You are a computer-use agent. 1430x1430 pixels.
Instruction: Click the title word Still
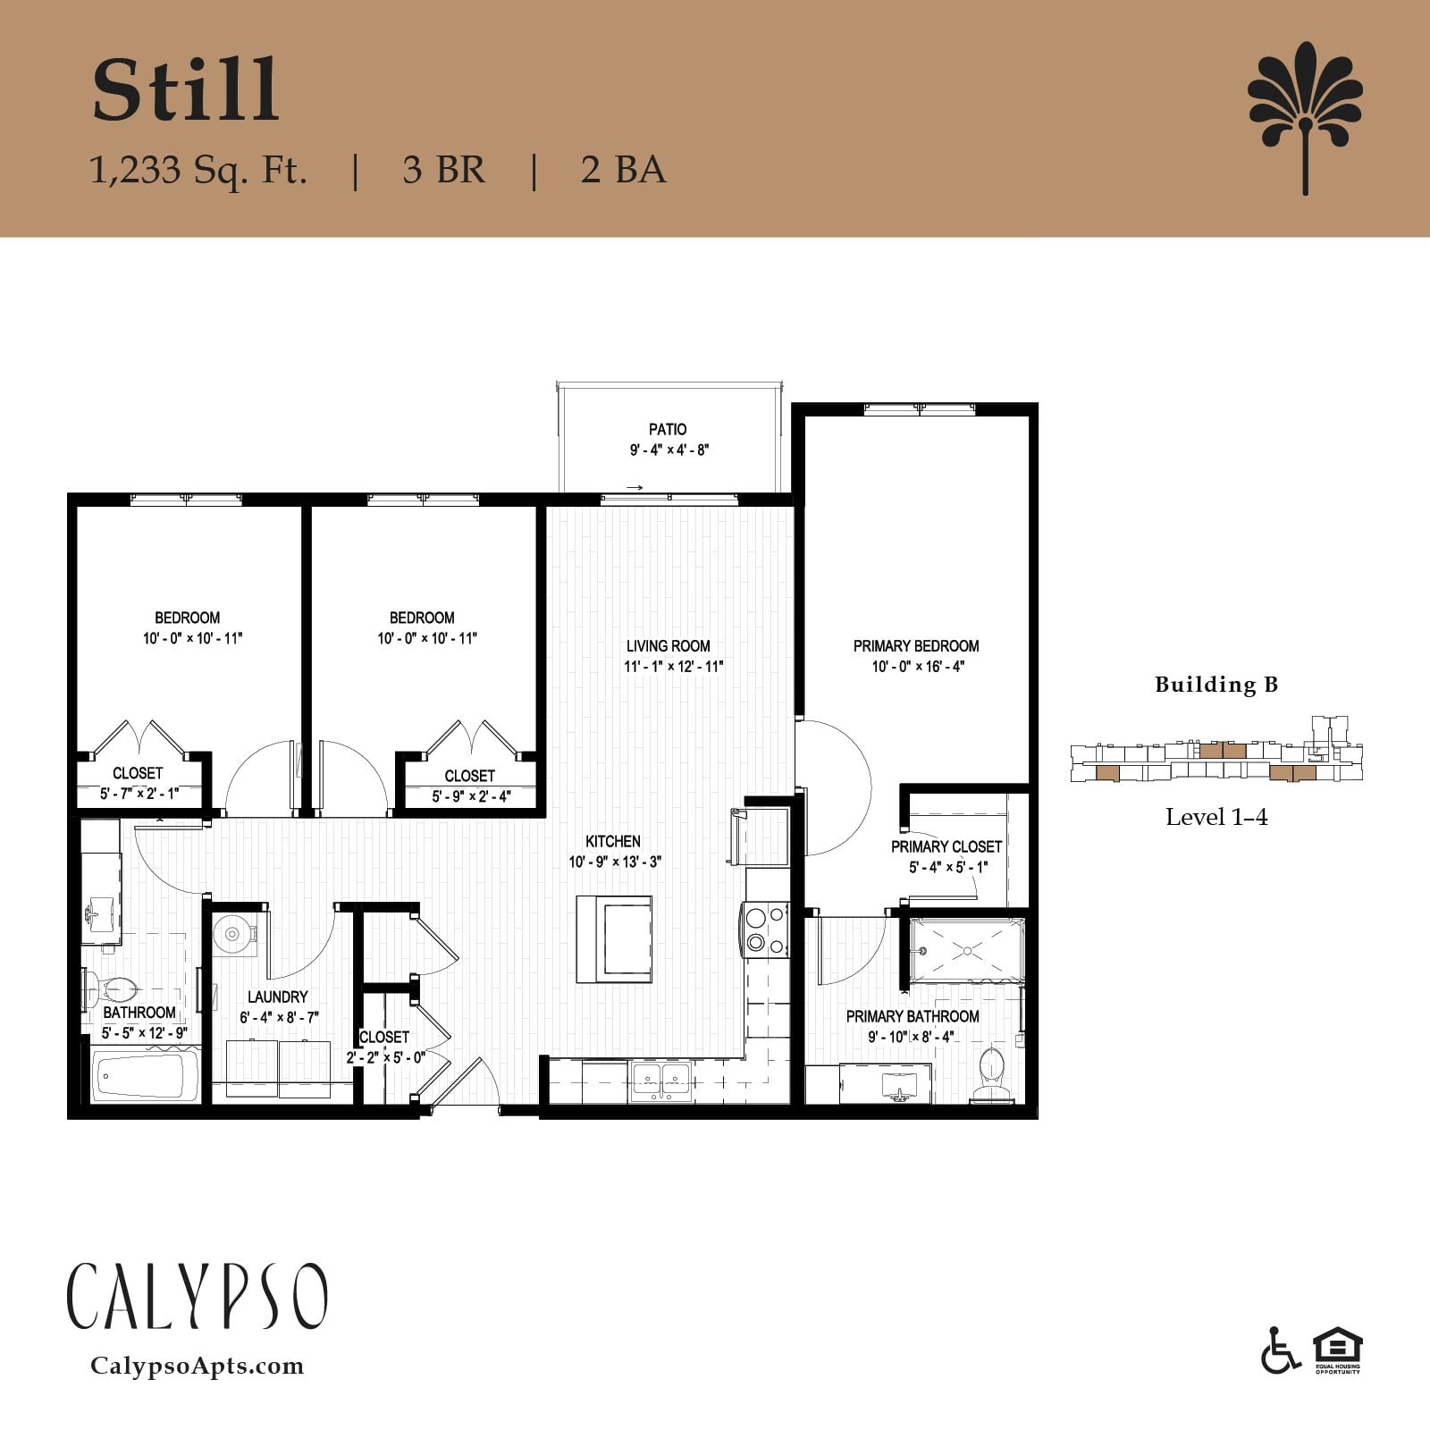(186, 90)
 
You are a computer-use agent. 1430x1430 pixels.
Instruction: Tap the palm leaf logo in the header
(1305, 116)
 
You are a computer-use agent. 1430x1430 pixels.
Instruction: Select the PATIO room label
(668, 429)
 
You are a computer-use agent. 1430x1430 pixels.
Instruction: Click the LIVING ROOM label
(669, 645)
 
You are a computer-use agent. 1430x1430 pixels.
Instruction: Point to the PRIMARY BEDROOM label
(916, 645)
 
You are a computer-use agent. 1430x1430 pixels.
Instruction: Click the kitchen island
(614, 939)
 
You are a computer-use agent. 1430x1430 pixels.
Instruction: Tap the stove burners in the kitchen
(765, 929)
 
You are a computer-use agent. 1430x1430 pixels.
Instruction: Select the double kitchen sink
(660, 1080)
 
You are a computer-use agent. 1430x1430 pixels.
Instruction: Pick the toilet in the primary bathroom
(990, 1072)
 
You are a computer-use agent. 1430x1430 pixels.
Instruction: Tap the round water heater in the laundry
(232, 934)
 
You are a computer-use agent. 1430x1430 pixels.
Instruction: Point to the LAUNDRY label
(278, 997)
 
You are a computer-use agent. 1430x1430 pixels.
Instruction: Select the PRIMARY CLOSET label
(946, 846)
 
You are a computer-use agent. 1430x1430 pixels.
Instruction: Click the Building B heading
(1216, 685)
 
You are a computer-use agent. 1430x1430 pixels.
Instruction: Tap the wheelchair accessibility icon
(1280, 1351)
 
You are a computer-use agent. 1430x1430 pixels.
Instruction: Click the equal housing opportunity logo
(1337, 1351)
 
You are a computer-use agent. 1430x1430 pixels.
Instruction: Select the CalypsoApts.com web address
(198, 1366)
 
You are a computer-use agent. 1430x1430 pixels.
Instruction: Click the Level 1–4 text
(1216, 817)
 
